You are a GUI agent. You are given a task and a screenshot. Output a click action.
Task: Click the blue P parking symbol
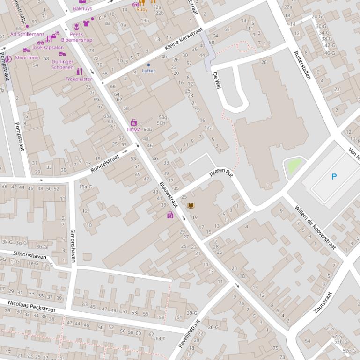[334, 177]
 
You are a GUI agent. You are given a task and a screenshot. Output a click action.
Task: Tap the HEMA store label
[133, 130]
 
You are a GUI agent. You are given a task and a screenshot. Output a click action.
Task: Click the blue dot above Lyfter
[148, 65]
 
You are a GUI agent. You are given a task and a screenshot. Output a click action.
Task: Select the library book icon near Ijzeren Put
[191, 205]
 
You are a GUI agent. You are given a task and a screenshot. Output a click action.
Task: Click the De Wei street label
[216, 80]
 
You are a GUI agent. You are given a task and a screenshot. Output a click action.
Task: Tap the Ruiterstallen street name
[302, 65]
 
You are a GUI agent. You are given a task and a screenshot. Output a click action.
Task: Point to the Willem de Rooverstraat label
[315, 227]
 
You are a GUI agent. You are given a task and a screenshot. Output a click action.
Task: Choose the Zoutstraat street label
[323, 302]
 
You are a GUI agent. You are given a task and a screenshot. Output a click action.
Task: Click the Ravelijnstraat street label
[189, 333]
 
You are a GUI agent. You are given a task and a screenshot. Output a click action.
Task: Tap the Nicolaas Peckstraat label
[31, 306]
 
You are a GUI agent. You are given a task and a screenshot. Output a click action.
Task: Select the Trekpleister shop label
[79, 79]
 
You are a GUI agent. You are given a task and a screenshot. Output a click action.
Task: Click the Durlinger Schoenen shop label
[62, 64]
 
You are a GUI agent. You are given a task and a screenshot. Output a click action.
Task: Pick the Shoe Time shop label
[27, 58]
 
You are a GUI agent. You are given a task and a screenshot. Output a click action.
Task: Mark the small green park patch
[294, 166]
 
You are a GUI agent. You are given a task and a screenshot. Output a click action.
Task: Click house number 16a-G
[85, 187]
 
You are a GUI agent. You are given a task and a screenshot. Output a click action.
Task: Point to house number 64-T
[160, 338]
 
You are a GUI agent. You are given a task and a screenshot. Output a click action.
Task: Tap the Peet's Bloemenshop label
[77, 37]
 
